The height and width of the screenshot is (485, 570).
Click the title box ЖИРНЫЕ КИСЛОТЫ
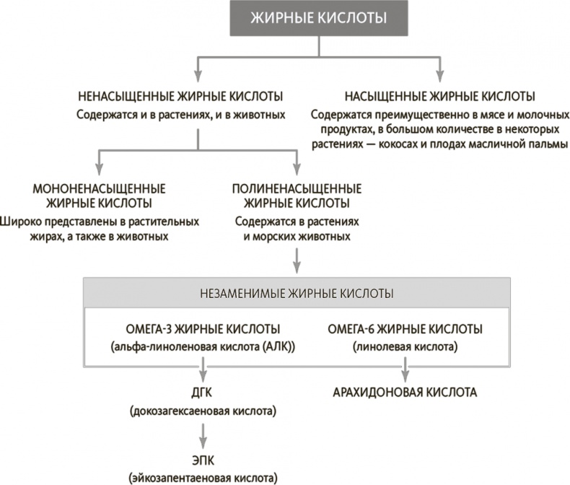click(x=321, y=19)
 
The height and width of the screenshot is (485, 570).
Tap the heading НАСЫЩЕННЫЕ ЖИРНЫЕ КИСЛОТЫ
click(x=439, y=96)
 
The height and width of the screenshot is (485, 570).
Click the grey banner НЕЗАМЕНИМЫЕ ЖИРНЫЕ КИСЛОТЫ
click(x=296, y=294)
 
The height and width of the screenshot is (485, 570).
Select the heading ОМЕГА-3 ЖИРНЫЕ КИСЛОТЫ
click(x=205, y=329)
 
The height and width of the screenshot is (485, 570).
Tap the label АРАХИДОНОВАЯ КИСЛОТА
click(x=405, y=393)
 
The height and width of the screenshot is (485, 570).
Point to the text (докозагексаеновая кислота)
click(x=204, y=412)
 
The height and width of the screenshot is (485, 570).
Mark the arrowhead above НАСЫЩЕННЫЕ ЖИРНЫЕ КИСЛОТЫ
click(x=439, y=77)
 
